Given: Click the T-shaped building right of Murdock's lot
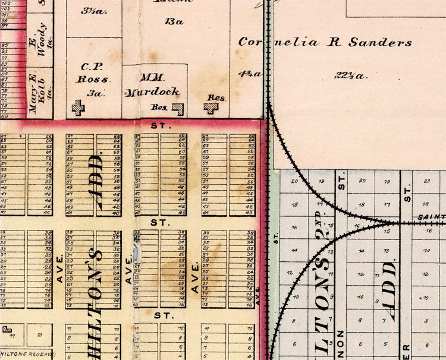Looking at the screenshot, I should (x=212, y=108).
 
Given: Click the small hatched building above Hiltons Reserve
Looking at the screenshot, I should (x=7, y=328).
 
